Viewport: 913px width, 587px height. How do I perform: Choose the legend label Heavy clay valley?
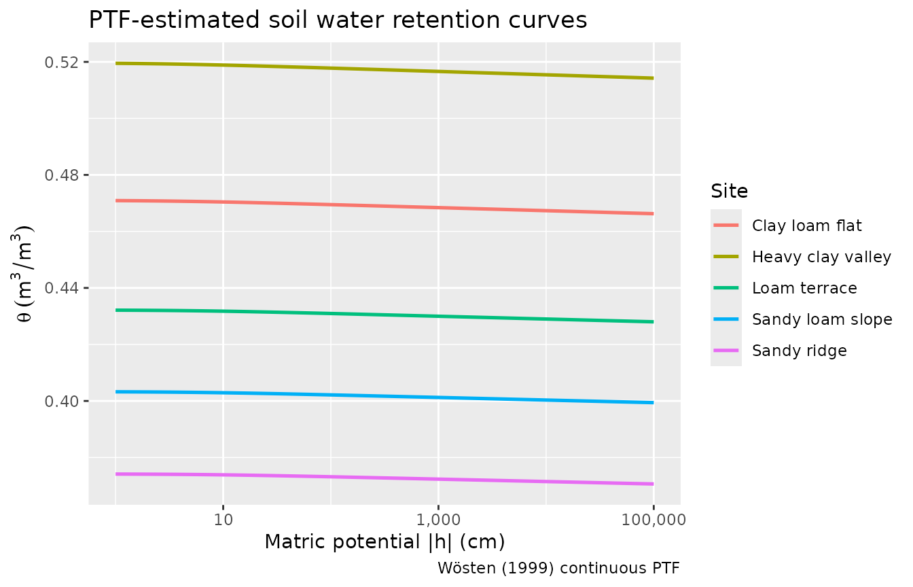point(821,257)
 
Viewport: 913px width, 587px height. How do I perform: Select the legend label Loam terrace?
point(804,288)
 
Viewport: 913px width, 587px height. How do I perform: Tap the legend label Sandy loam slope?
point(822,319)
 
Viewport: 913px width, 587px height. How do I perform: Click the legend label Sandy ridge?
point(799,351)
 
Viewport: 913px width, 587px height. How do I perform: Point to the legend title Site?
point(729,192)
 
